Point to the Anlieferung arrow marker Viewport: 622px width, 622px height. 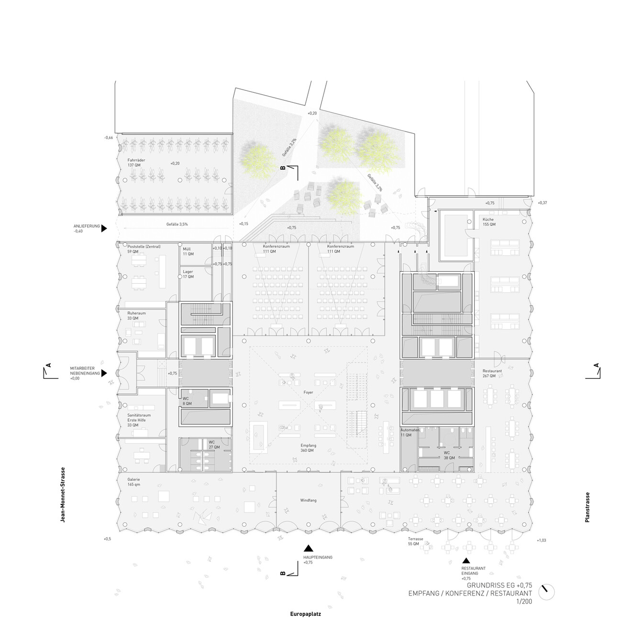(104, 229)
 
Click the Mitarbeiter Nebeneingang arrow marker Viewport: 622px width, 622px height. (104, 373)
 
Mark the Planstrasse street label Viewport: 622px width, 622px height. (587, 507)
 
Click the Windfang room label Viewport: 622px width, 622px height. (309, 500)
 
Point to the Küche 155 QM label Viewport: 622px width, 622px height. (489, 222)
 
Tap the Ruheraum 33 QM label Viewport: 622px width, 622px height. (136, 316)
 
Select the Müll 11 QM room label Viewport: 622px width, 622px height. (188, 251)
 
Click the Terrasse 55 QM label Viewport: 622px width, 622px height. (416, 541)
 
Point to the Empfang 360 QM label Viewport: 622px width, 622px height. (305, 448)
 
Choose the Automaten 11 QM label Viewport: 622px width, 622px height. (410, 433)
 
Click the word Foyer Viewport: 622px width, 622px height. (309, 392)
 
